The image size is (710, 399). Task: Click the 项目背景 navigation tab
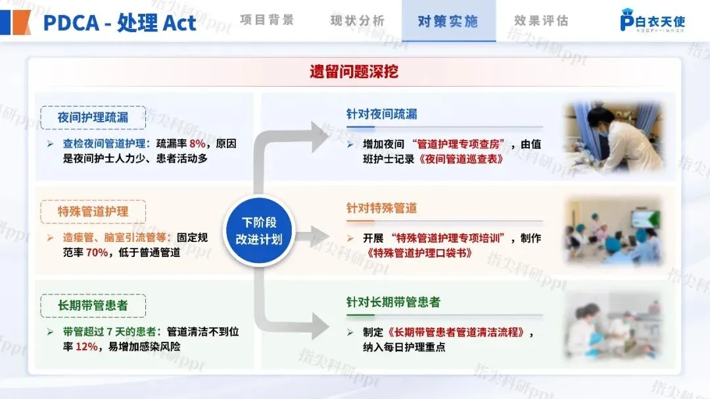coord(267,20)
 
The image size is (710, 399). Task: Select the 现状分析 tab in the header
coord(357,20)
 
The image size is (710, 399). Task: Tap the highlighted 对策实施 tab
coord(448,21)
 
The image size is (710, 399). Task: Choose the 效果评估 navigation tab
coord(541,20)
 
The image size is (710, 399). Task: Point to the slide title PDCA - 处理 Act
coord(120,22)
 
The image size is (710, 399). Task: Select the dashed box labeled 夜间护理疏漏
coord(93,118)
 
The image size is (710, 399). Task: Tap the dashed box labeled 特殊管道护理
coord(93,212)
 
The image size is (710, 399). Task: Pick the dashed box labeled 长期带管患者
coord(93,306)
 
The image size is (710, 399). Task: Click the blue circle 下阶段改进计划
coord(259,231)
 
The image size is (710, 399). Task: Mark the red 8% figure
coord(197,143)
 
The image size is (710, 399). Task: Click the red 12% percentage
coord(86,346)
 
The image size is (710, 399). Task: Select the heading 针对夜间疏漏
coord(381,114)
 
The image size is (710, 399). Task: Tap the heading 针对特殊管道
coord(381,208)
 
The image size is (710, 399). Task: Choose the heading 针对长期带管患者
coord(393,302)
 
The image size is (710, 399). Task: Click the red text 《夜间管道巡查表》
coord(461,158)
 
